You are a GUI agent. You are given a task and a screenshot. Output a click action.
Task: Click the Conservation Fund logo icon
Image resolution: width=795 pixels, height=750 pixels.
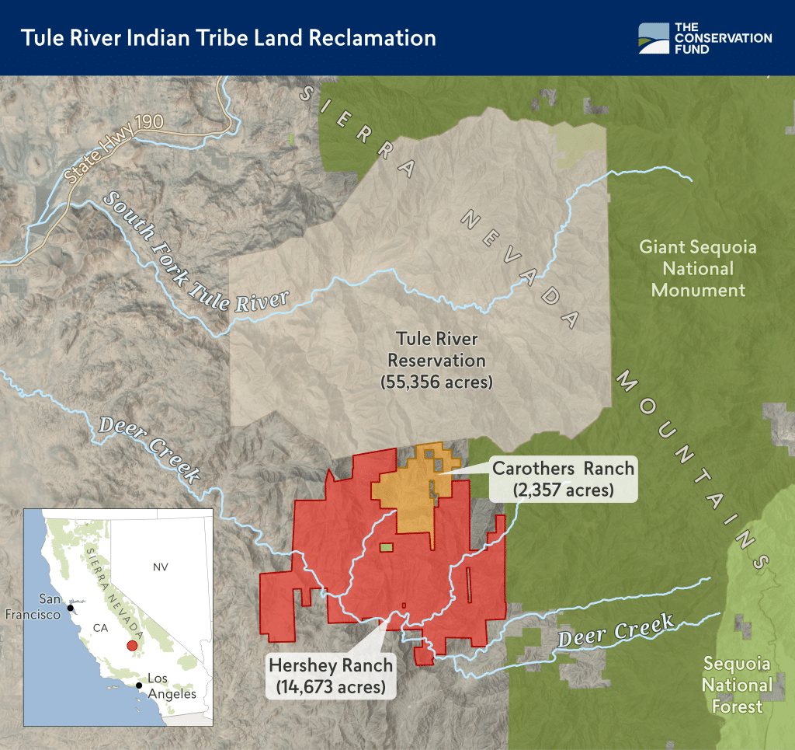tap(653, 38)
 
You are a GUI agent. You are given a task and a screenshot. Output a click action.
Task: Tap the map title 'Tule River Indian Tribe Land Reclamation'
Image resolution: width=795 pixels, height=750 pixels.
tap(228, 38)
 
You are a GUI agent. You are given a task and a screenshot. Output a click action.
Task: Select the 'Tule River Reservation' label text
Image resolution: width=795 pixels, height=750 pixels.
tap(436, 350)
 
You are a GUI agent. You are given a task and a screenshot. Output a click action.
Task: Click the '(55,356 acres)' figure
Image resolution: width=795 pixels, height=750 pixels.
tap(436, 382)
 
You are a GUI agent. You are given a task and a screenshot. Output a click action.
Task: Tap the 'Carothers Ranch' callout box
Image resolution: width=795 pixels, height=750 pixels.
tap(563, 478)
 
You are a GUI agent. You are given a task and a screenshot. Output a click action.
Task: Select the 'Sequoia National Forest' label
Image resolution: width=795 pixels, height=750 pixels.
tap(737, 685)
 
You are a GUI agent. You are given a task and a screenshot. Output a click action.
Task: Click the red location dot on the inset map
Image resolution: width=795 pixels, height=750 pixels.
tap(132, 645)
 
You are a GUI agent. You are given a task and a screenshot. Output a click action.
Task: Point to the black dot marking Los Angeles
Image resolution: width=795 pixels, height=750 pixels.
tap(139, 685)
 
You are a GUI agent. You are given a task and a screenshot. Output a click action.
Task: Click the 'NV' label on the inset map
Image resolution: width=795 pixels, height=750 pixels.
tap(160, 567)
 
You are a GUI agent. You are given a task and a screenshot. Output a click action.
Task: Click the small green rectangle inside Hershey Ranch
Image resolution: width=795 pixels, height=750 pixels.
tap(386, 547)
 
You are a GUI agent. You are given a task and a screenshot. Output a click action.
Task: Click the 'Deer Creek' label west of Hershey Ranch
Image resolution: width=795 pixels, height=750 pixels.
tap(148, 450)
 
